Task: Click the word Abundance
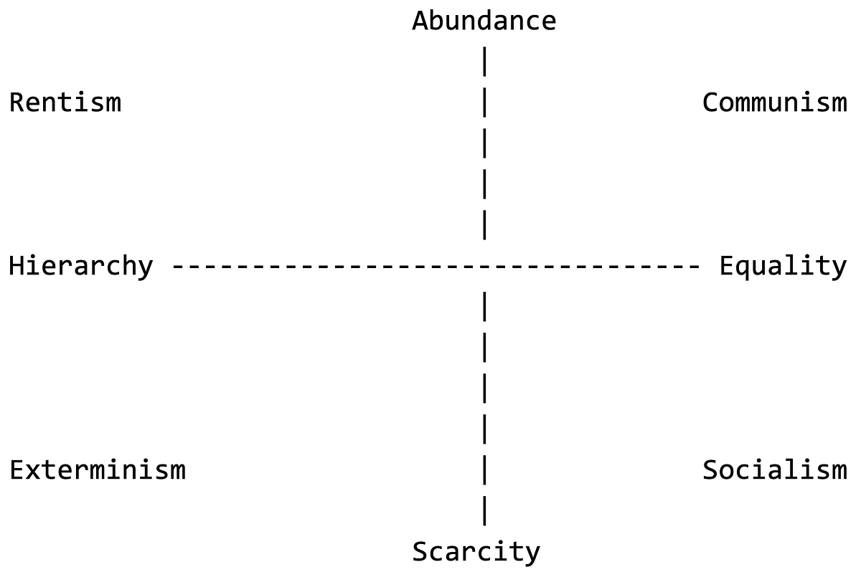click(x=484, y=21)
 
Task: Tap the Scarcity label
click(x=476, y=552)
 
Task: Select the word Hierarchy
click(x=80, y=267)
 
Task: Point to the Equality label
click(x=783, y=267)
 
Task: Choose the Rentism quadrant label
click(x=65, y=102)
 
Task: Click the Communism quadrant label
click(x=774, y=102)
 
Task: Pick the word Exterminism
click(x=97, y=470)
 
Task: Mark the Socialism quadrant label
click(x=774, y=470)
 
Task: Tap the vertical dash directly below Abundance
click(x=485, y=62)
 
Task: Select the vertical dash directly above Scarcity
click(x=485, y=511)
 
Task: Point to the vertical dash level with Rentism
click(x=485, y=102)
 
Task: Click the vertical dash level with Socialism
click(x=485, y=470)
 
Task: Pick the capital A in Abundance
click(x=420, y=21)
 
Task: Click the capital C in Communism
click(x=710, y=102)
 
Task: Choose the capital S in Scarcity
click(x=420, y=552)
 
